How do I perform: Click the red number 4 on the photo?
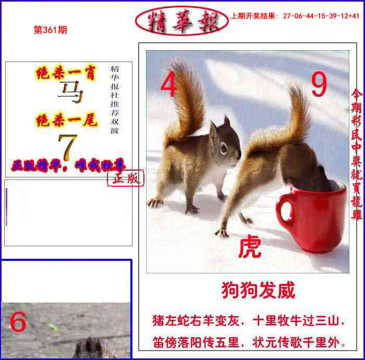point(168,86)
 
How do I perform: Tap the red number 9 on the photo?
point(319,85)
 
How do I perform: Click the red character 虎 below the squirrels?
point(250,247)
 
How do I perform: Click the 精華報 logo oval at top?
point(181,21)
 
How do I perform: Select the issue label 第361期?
point(50,30)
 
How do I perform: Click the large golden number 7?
point(68,148)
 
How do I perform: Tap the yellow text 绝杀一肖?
point(66,74)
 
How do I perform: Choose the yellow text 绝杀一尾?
point(66,121)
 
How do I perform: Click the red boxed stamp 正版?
point(126,178)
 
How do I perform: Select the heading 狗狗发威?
point(258,290)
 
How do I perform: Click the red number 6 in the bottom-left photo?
point(18,322)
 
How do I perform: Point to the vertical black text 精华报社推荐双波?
point(115,99)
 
